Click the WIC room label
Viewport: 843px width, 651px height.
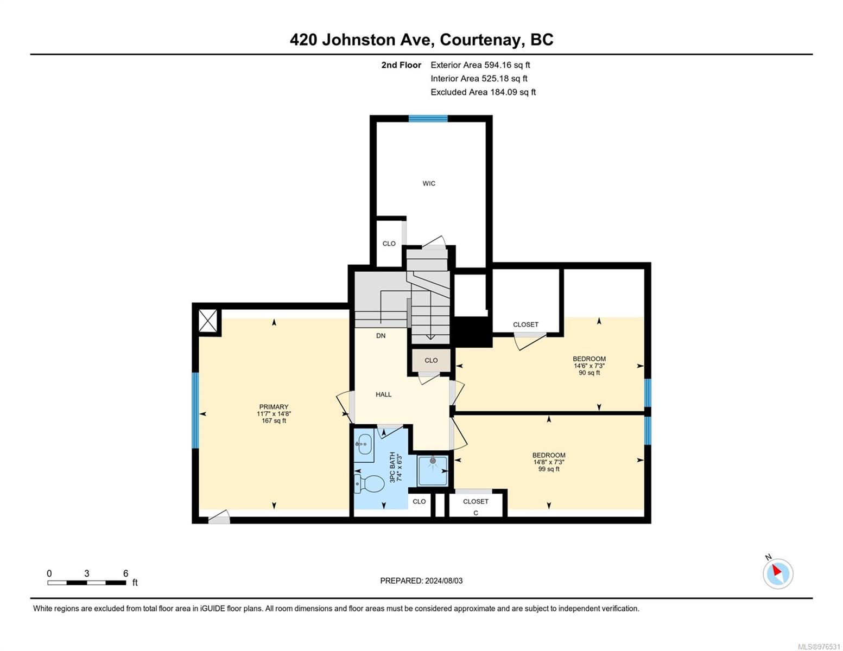point(429,183)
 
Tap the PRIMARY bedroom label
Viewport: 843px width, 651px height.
point(274,407)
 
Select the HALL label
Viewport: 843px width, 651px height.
point(383,394)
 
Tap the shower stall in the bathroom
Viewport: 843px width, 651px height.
point(433,470)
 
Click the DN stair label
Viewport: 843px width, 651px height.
point(381,336)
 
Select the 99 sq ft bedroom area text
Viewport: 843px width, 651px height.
point(549,469)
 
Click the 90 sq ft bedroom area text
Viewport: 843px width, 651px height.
point(589,373)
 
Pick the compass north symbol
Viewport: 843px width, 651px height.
point(777,572)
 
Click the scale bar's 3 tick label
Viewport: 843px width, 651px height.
point(87,573)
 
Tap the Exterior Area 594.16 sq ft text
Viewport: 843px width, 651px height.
point(480,65)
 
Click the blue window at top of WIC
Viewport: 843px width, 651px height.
point(428,118)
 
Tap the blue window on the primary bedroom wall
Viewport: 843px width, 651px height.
point(195,410)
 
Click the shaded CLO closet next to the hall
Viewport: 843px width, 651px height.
point(431,360)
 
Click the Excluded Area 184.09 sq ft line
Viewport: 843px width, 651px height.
point(483,92)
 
